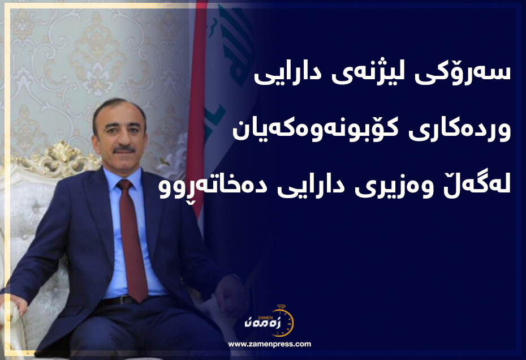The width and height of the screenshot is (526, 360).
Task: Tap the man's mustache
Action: click(124, 149)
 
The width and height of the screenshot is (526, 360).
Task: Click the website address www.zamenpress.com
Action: click(269, 344)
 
